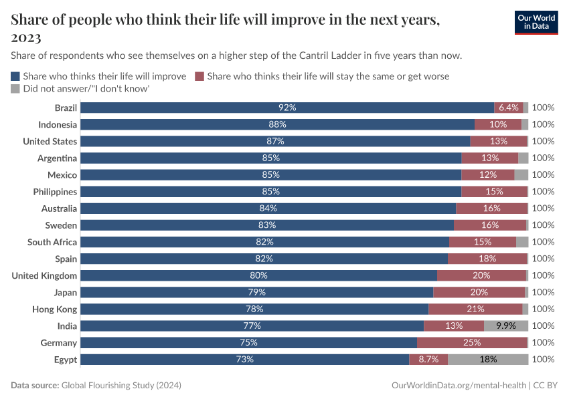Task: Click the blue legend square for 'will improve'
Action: pos(15,76)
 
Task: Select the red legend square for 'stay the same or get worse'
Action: pos(199,76)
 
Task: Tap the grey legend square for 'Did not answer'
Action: pos(15,88)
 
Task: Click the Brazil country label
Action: pos(66,108)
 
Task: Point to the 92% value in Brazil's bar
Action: pos(287,108)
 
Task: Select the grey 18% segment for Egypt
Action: pos(488,359)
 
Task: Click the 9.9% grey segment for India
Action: pos(505,325)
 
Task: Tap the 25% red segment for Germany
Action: pos(472,342)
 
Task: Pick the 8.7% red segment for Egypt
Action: pos(428,359)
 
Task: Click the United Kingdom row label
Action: pos(44,275)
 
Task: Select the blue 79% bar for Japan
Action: pos(257,292)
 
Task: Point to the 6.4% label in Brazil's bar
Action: pos(509,108)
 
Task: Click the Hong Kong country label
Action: pos(55,309)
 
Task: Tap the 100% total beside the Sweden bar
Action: pos(543,225)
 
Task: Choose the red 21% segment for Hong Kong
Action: pos(475,309)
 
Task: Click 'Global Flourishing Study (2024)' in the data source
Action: pos(121,386)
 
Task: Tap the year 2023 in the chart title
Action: pos(25,37)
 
